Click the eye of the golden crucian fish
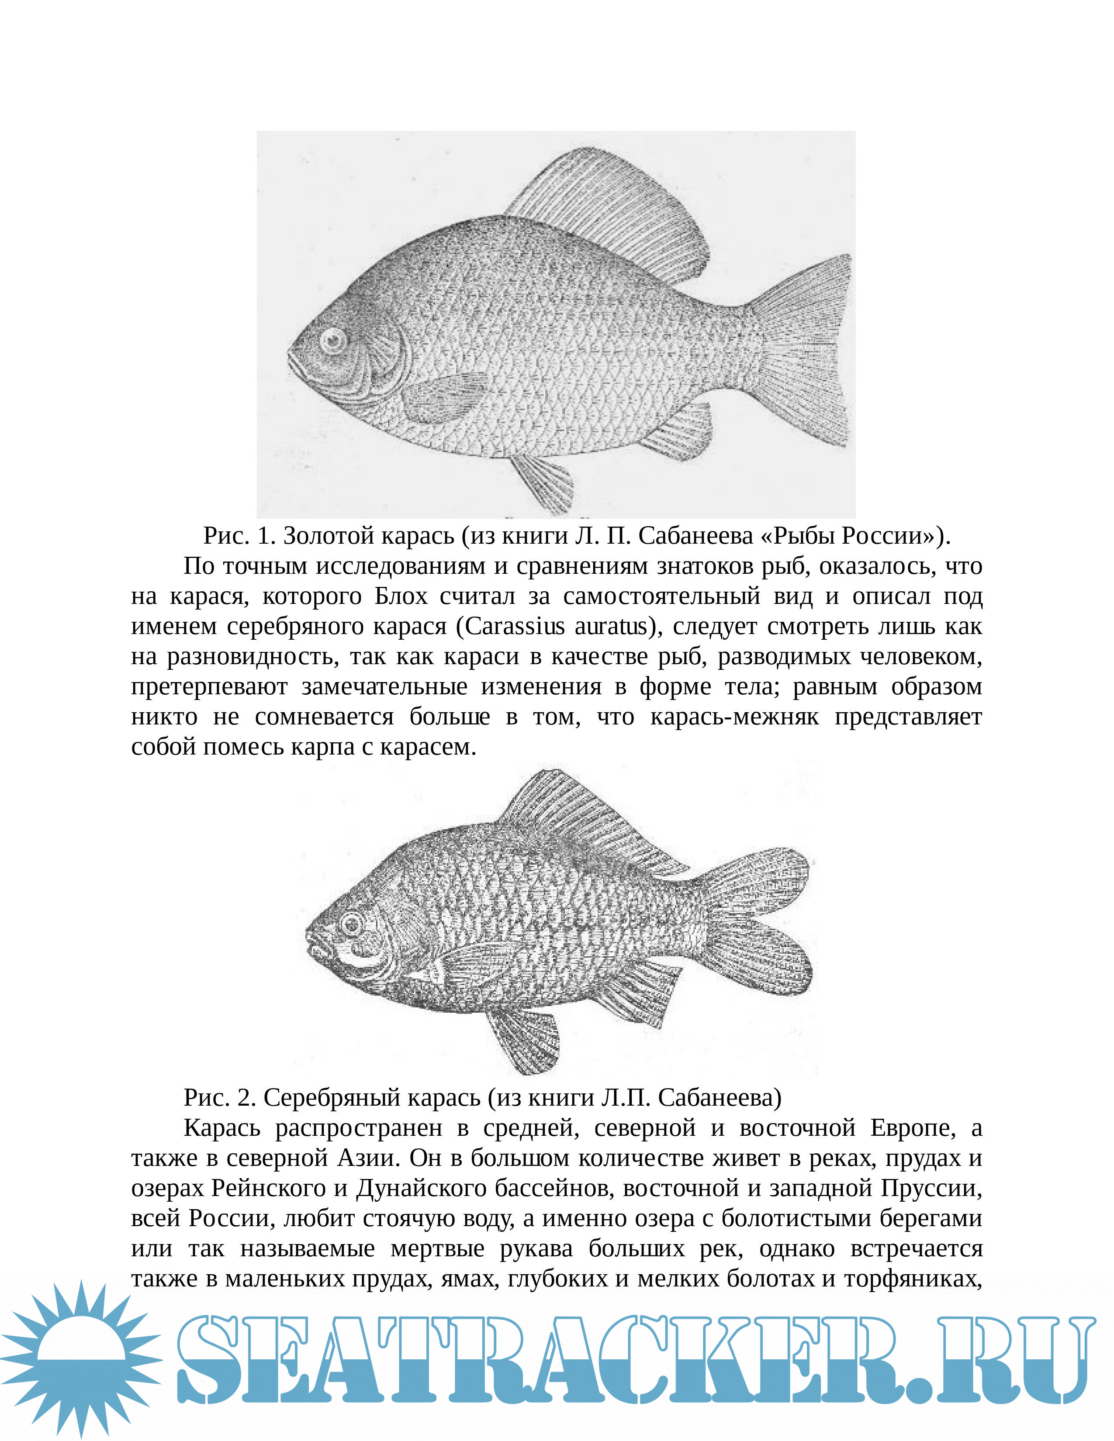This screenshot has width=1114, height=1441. pos(334,341)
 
